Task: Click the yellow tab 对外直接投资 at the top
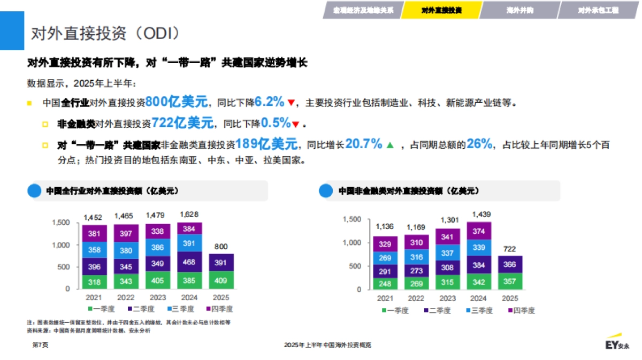pyautogui.click(x=441, y=10)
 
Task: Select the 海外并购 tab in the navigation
pyautogui.click(x=518, y=10)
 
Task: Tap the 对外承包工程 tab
pyautogui.click(x=598, y=10)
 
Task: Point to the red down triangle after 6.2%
pyautogui.click(x=291, y=103)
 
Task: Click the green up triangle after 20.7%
pyautogui.click(x=390, y=144)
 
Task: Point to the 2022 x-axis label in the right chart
pyautogui.click(x=416, y=298)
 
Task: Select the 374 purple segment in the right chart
pyautogui.click(x=479, y=231)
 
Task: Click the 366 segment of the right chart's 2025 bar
pyautogui.click(x=510, y=264)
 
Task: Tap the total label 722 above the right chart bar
pyautogui.click(x=510, y=249)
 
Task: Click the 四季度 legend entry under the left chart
pyautogui.click(x=219, y=309)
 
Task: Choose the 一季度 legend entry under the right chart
pyautogui.click(x=395, y=310)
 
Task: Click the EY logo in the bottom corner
pyautogui.click(x=617, y=345)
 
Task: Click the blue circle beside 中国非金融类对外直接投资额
pyautogui.click(x=325, y=191)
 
